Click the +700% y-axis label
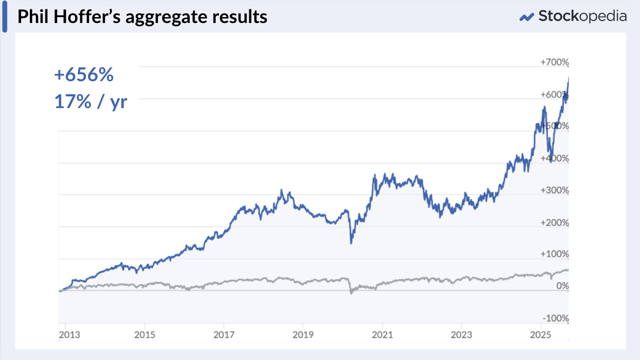pyautogui.click(x=554, y=63)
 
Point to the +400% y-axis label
pyautogui.click(x=554, y=158)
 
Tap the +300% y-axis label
pyautogui.click(x=554, y=190)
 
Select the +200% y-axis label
pyautogui.click(x=554, y=223)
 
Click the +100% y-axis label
pyautogui.click(x=554, y=254)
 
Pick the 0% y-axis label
pyautogui.click(x=563, y=286)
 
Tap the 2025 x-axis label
pyautogui.click(x=540, y=335)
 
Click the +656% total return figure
pyautogui.click(x=84, y=75)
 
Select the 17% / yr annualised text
pyautogui.click(x=90, y=102)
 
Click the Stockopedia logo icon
pyautogui.click(x=526, y=17)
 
